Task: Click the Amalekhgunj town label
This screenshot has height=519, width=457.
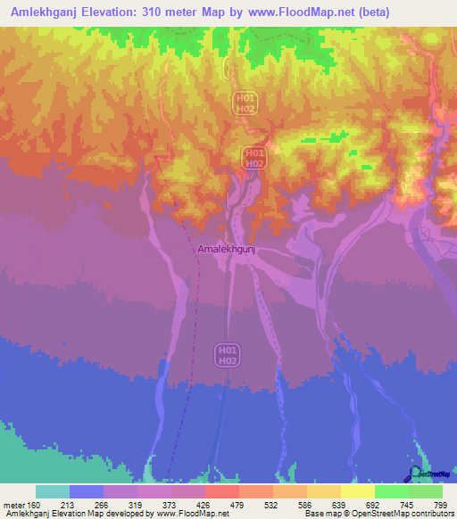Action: [227, 251]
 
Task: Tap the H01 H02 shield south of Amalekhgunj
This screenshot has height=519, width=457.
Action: [227, 354]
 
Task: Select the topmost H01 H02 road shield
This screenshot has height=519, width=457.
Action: [245, 102]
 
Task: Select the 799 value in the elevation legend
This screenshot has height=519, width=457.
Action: [439, 505]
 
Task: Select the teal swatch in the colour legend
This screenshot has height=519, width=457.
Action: [52, 491]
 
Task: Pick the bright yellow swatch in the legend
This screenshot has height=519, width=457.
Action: [357, 491]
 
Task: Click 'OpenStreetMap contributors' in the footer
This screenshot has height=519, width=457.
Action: [406, 514]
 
